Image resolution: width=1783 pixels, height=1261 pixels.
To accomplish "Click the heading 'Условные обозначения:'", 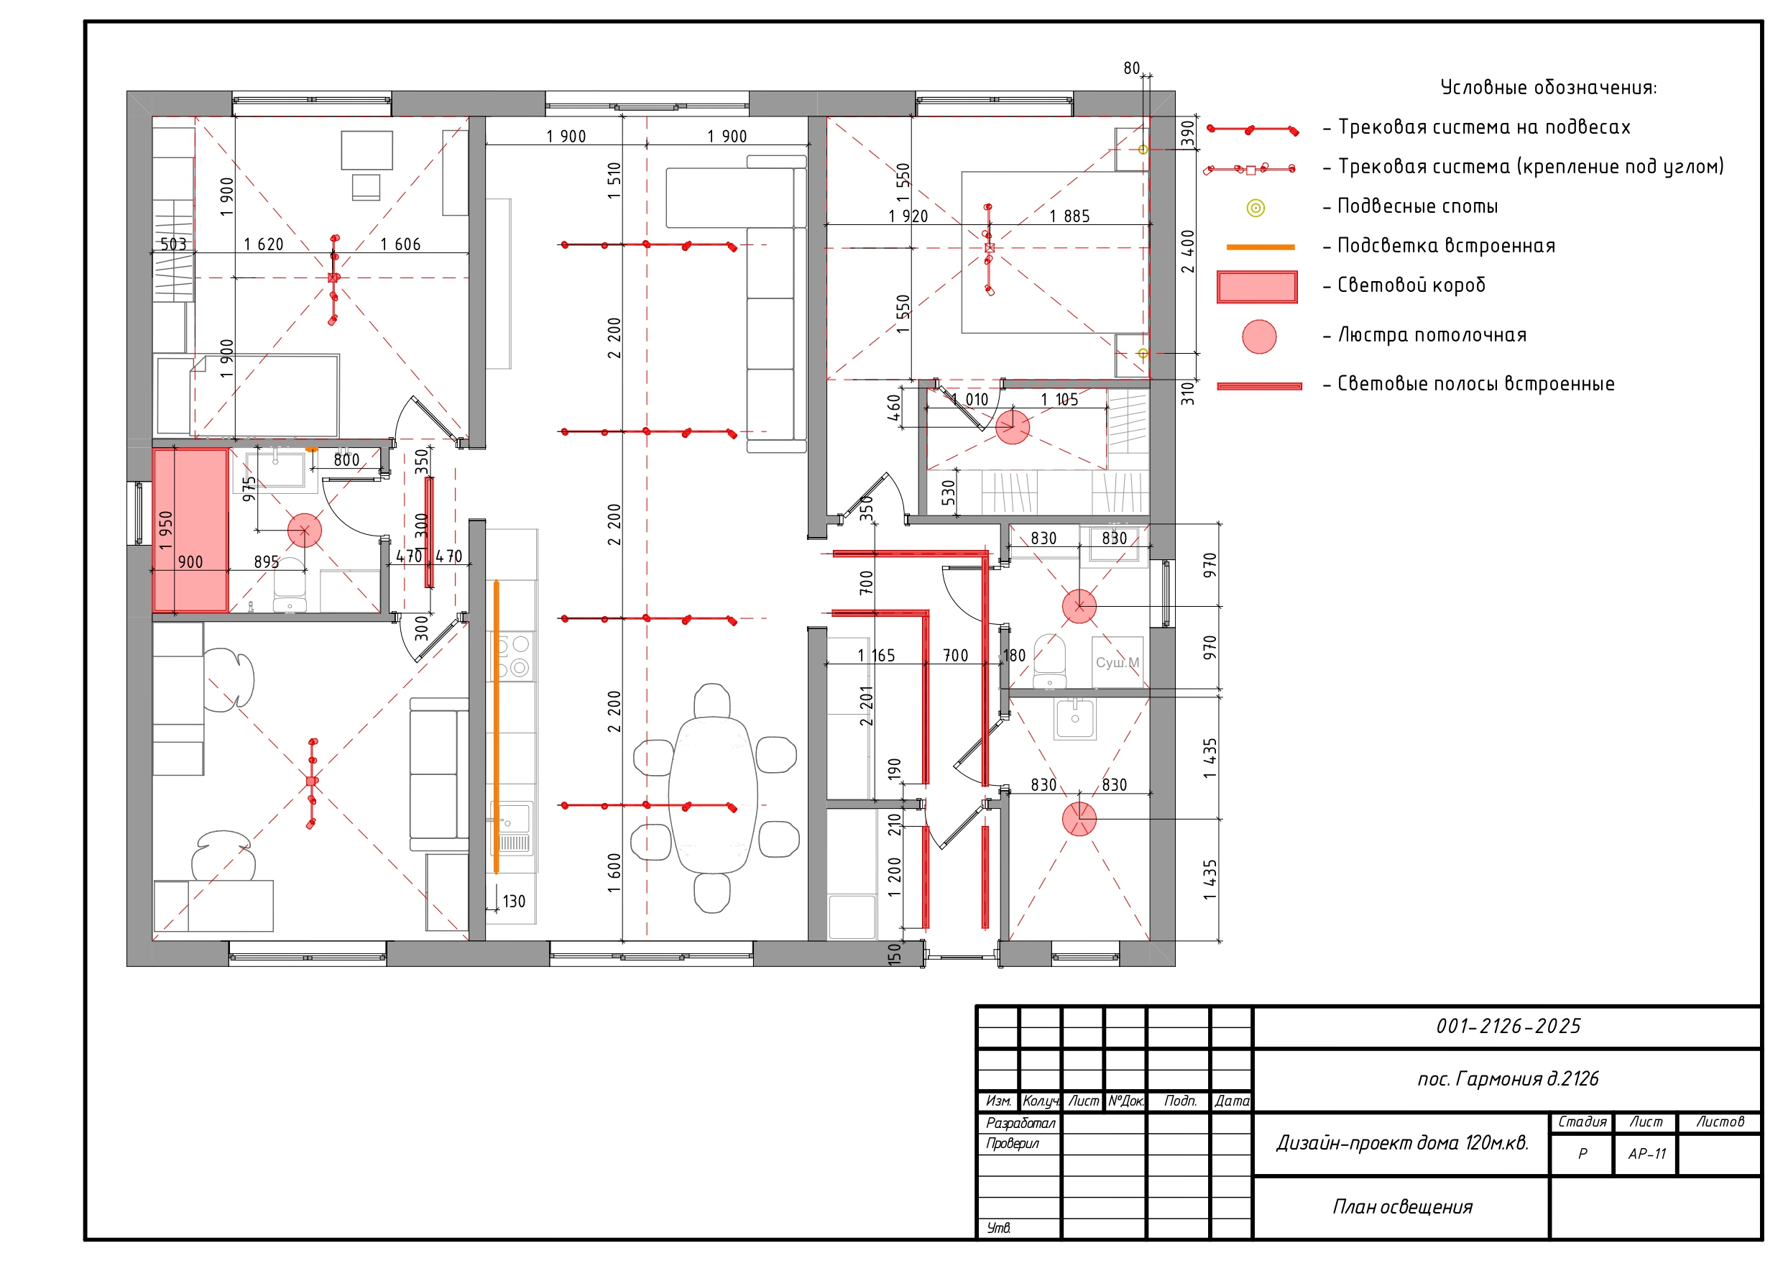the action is [x=1549, y=87].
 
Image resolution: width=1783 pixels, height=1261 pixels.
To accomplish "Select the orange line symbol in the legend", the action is [x=1261, y=247].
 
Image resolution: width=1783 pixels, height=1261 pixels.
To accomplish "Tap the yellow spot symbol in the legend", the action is [x=1256, y=208].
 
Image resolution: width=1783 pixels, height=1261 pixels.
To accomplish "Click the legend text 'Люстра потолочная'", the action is [x=1432, y=335].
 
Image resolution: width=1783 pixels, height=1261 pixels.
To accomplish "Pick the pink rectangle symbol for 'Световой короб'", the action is [x=1257, y=287].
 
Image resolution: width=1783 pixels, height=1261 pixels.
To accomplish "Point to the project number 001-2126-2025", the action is [x=1508, y=1027].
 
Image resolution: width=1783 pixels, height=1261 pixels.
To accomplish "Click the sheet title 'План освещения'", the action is [x=1403, y=1206].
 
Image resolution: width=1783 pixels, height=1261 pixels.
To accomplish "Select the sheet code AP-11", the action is [x=1647, y=1154].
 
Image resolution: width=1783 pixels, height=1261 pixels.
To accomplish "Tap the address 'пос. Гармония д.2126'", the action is [x=1508, y=1078].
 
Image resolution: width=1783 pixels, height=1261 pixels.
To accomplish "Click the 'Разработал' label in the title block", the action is [x=1020, y=1123].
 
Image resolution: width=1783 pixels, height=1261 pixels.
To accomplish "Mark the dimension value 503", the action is [x=173, y=244].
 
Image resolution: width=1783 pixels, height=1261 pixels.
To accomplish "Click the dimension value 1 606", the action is [x=400, y=244].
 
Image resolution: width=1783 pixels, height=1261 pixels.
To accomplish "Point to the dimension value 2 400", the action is [x=1187, y=251].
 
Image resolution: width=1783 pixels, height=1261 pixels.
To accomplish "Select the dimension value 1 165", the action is [x=876, y=656].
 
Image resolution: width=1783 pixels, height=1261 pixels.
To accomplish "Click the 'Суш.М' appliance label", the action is [x=1118, y=663].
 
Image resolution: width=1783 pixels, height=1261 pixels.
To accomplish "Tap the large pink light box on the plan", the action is [x=190, y=531].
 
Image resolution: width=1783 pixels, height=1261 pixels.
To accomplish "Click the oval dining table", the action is [x=713, y=795].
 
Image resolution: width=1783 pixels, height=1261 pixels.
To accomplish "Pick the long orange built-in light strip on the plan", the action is [x=496, y=726].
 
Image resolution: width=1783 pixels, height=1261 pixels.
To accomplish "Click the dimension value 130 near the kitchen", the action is [x=514, y=902].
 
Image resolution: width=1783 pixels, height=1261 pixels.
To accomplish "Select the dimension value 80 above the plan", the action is [x=1131, y=68].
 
